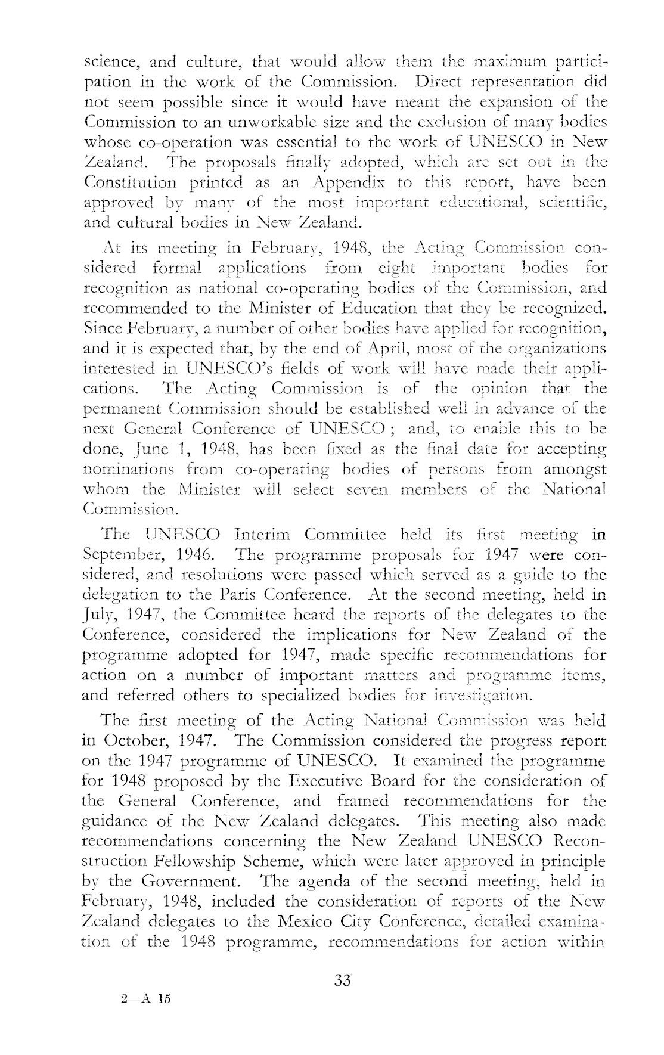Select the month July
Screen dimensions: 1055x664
click(96, 616)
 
